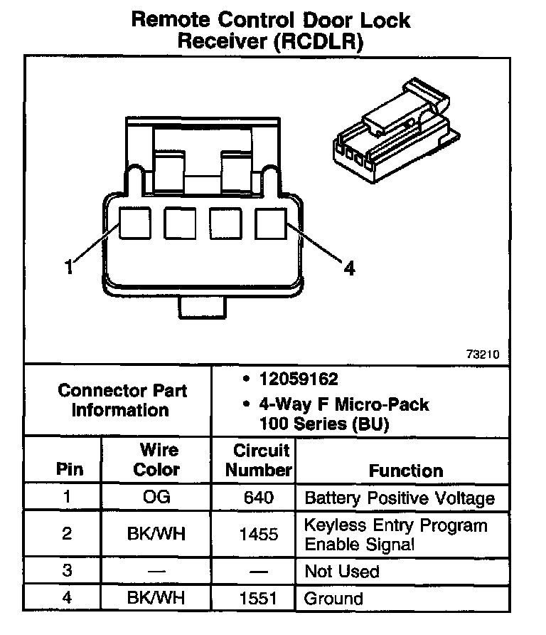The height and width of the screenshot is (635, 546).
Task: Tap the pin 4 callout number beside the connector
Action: tap(348, 268)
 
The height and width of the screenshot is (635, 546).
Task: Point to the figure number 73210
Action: tap(483, 354)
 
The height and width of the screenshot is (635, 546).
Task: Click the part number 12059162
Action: tap(298, 379)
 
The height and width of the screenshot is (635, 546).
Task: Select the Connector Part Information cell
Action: tap(122, 400)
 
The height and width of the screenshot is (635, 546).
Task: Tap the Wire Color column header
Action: tap(157, 460)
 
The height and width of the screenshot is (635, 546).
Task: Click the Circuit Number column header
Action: tap(262, 460)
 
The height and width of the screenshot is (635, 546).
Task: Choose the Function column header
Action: tap(405, 471)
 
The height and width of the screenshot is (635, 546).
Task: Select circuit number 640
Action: tap(259, 497)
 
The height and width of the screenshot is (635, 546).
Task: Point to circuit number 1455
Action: tap(259, 534)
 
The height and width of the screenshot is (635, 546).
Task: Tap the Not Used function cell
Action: tap(342, 571)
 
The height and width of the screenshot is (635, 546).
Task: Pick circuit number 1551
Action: tap(259, 598)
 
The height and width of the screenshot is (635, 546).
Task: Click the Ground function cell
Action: tap(333, 598)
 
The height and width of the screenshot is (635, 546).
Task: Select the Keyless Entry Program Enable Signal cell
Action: tap(396, 535)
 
